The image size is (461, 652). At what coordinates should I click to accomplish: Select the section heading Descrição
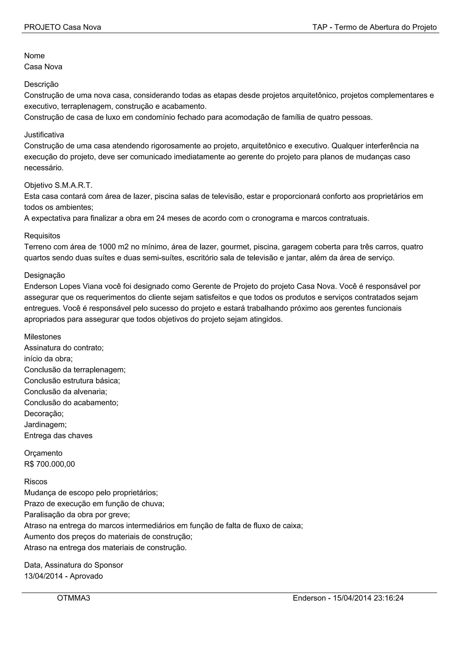(41, 84)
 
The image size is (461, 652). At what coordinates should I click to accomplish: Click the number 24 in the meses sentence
(160, 218)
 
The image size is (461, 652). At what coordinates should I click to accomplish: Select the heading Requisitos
(42, 236)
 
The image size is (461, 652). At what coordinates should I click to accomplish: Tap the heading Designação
(45, 275)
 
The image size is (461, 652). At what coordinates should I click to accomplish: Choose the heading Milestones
(43, 337)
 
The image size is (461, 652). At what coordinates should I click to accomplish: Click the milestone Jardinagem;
(45, 425)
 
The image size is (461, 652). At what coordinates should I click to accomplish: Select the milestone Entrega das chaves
(58, 436)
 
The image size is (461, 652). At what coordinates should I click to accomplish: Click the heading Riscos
(36, 482)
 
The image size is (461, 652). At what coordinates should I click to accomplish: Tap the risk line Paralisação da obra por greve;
(77, 515)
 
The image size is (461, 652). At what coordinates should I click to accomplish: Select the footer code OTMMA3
(74, 598)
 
